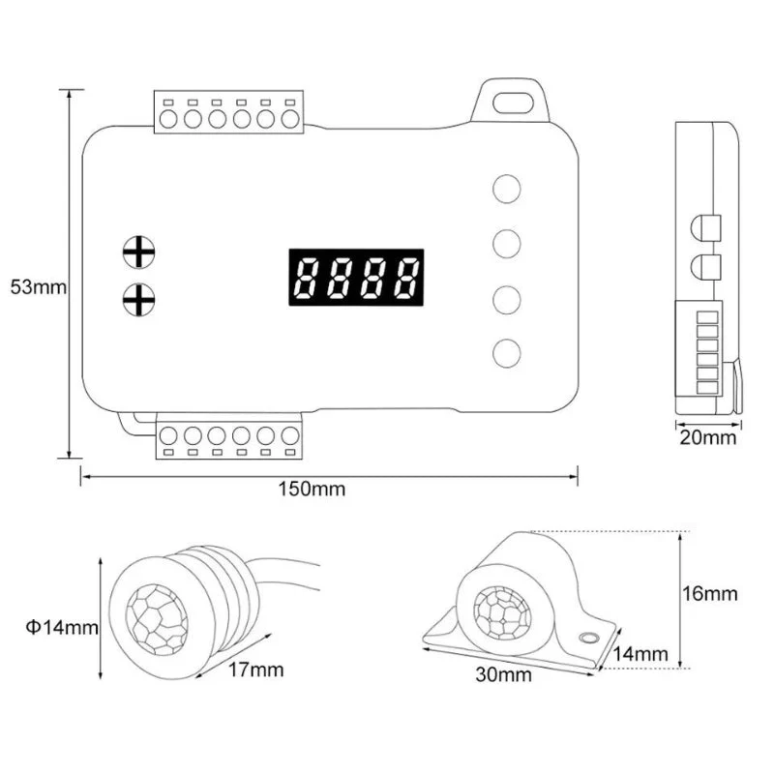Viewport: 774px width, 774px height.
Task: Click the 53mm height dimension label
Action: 38,286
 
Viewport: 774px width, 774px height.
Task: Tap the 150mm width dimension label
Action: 312,490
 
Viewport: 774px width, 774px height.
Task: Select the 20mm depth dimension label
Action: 708,437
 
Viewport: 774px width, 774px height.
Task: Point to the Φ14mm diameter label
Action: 62,628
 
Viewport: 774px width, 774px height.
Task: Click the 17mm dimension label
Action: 255,670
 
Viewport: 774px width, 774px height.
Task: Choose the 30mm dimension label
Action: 503,674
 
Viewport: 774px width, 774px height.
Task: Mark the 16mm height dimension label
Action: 710,593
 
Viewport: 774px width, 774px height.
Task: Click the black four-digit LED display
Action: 356,278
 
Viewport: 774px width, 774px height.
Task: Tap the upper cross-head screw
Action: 138,253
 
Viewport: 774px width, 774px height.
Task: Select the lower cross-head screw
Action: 138,300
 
